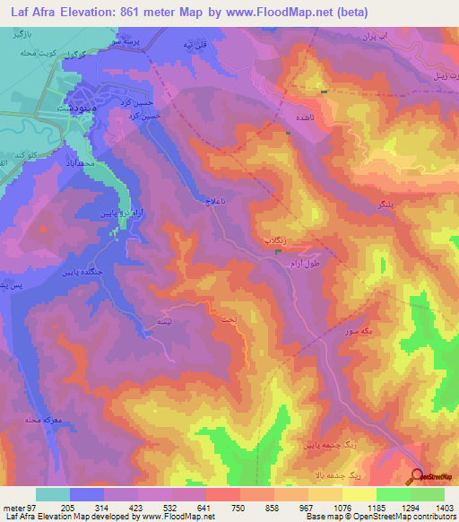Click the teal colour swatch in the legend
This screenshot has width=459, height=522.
tap(52, 494)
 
